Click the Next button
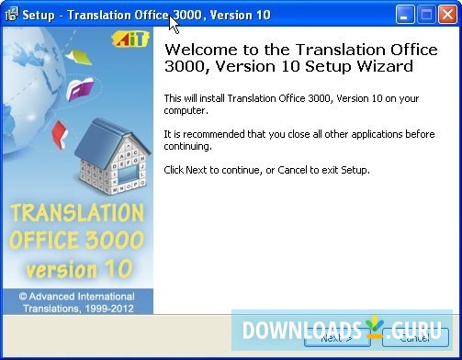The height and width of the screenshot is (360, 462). pos(336,338)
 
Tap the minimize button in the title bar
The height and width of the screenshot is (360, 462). pos(406,14)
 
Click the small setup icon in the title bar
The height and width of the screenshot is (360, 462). pos(12,14)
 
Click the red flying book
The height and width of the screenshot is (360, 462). pos(61,133)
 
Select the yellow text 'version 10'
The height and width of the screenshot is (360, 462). pos(78,270)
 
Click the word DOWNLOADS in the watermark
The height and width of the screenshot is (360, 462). pos(299,328)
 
